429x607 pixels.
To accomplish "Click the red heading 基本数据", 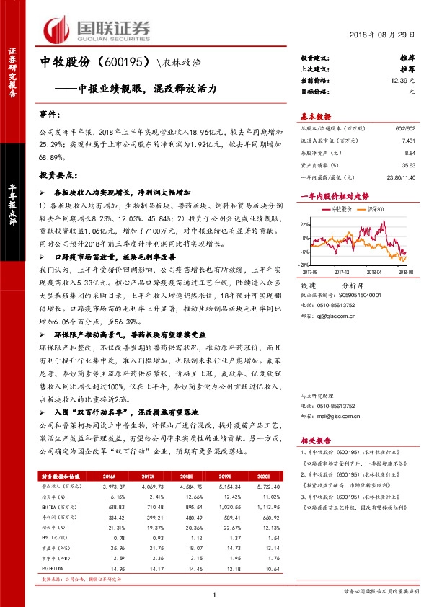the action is pos(315,116).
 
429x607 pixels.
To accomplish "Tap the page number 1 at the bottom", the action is pos(214,593).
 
